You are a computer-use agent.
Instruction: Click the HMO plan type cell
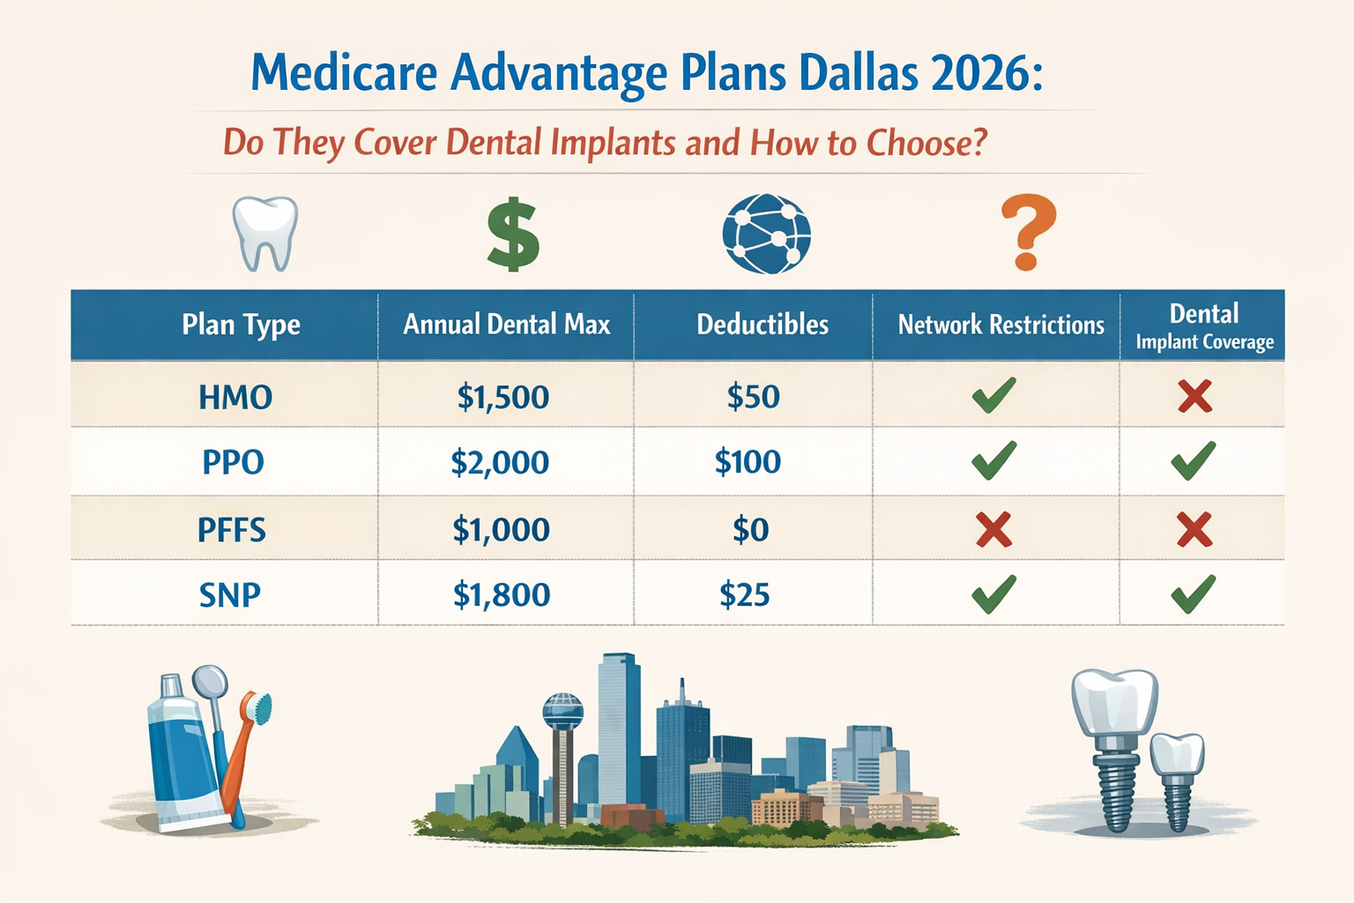coord(235,397)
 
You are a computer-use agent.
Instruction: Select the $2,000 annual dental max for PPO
coord(500,462)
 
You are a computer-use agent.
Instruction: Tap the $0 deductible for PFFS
coord(751,530)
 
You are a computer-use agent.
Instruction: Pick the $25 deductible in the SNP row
coord(745,595)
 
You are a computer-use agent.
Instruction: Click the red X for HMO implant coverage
coord(1194,397)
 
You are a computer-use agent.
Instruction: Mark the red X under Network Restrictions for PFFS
coord(993,530)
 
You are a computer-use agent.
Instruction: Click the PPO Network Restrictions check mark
coord(993,461)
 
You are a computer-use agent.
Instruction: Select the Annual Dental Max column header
coord(506,325)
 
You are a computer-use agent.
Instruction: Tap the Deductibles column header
coord(763,325)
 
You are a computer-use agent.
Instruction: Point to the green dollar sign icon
coord(513,235)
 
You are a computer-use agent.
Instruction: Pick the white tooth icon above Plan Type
coord(264,233)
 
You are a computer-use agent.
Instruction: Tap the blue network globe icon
coord(766,234)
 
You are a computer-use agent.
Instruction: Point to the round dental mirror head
coord(209,682)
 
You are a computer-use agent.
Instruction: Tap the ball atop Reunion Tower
coord(562,710)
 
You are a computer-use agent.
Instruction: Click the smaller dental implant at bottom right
coord(1177,776)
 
